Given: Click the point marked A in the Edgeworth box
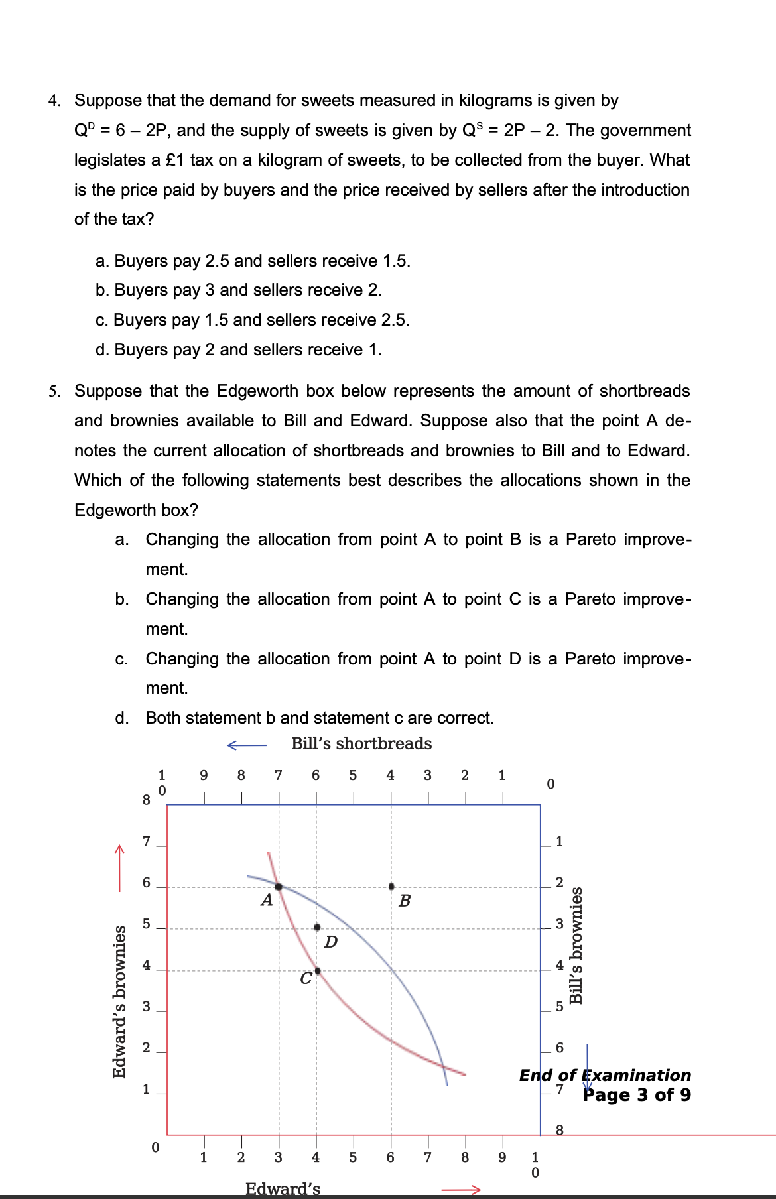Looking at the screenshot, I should [279, 887].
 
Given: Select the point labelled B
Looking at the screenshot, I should [391, 886].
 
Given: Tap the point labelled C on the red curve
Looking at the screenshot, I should [317, 971].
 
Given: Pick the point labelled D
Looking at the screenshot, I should [317, 927].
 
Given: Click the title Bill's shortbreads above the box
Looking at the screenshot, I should [361, 744].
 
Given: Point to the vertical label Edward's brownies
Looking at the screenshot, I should [119, 1001].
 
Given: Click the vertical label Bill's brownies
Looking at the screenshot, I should [576, 945].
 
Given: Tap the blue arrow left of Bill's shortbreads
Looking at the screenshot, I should [246, 745].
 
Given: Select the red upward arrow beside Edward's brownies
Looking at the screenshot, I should [119, 868].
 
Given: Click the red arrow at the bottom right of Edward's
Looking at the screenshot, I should [460, 1190].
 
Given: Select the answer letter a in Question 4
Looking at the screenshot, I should [101, 261].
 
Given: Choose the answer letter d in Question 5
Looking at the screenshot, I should [121, 718].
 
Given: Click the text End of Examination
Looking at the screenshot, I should [605, 1075].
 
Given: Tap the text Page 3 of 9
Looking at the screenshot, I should [637, 1095].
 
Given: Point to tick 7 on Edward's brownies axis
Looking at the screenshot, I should [147, 842].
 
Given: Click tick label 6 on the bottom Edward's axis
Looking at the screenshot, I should [391, 1158].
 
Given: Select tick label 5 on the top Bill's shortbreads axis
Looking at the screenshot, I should [353, 775].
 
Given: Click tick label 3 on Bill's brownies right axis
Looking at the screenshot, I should [559, 924].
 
